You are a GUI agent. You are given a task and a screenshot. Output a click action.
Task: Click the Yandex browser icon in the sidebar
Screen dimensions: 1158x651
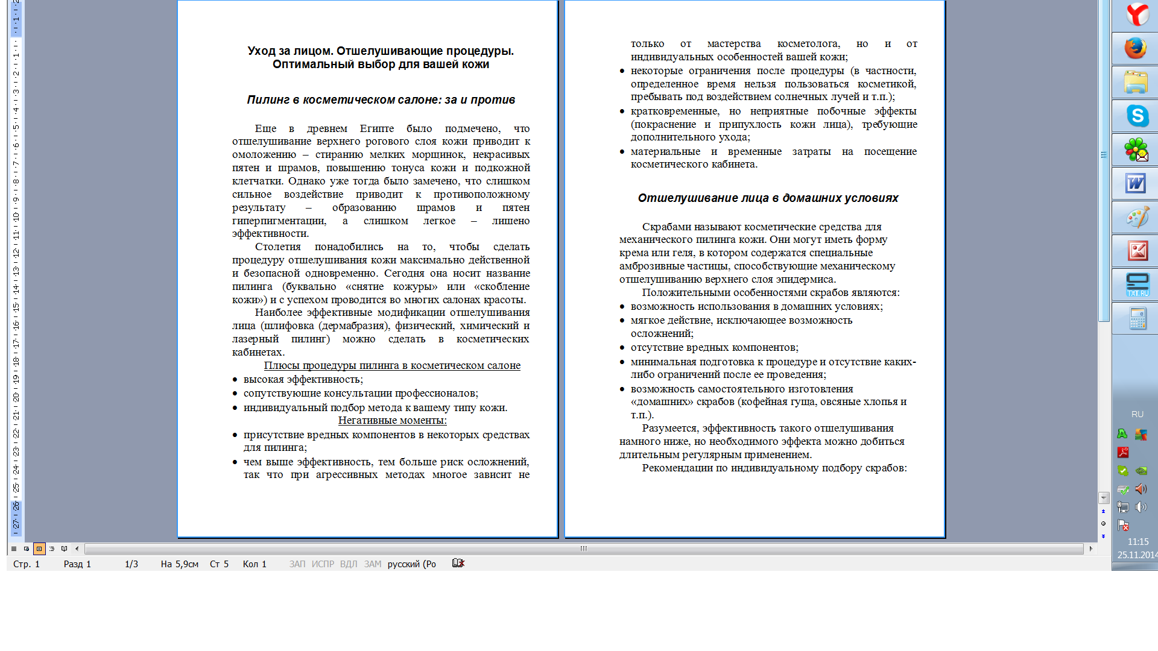[1137, 14]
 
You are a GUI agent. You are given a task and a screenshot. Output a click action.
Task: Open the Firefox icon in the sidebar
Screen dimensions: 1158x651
[1136, 48]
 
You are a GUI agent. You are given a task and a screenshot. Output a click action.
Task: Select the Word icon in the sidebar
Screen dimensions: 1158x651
[1136, 183]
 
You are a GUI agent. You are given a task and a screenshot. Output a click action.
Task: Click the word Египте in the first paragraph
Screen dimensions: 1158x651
[376, 128]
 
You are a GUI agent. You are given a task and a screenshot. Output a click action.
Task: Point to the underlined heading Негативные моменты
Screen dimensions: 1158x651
[392, 420]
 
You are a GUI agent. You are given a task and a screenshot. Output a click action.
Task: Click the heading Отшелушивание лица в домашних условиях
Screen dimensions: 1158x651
[768, 198]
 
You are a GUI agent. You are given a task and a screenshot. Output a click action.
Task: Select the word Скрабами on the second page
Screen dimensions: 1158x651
[666, 227]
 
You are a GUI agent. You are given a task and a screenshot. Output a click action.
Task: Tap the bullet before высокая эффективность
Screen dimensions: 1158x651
[235, 380]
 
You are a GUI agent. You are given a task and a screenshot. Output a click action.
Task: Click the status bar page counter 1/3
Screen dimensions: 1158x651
[131, 564]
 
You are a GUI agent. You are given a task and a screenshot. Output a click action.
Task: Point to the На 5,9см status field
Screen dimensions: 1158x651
[179, 564]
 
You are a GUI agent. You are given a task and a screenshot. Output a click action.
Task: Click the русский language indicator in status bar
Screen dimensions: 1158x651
[411, 564]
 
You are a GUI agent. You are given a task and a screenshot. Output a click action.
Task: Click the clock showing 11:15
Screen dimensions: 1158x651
[1137, 542]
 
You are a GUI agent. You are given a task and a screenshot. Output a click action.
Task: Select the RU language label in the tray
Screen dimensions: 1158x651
[1137, 414]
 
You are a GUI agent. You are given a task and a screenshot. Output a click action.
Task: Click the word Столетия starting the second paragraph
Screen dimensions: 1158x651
[277, 247]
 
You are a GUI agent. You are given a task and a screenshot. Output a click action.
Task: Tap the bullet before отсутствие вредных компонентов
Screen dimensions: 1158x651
[622, 348]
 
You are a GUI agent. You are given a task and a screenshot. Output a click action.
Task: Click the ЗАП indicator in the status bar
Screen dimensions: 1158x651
[297, 564]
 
